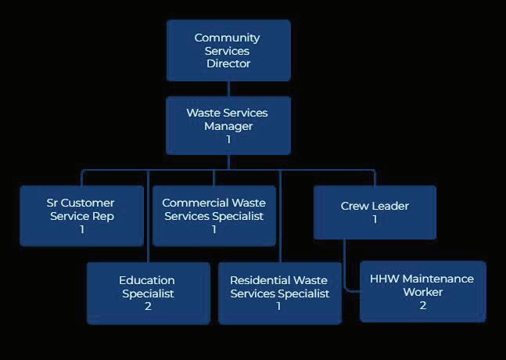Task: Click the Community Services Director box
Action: tap(228, 50)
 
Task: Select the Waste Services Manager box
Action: tap(228, 125)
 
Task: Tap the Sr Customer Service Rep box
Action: tap(81, 215)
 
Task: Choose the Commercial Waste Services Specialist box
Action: tap(214, 215)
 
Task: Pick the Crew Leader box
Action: tap(375, 212)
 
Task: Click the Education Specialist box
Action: tap(148, 293)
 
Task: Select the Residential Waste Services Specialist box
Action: tap(279, 293)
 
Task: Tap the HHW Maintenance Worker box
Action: tap(422, 291)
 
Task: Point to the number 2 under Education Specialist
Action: tap(148, 306)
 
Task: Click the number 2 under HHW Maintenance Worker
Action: tap(422, 305)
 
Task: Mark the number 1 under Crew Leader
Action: tap(375, 220)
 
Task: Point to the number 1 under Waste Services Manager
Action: tap(228, 139)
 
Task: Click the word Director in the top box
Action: tap(228, 63)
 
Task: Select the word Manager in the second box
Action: tap(228, 126)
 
